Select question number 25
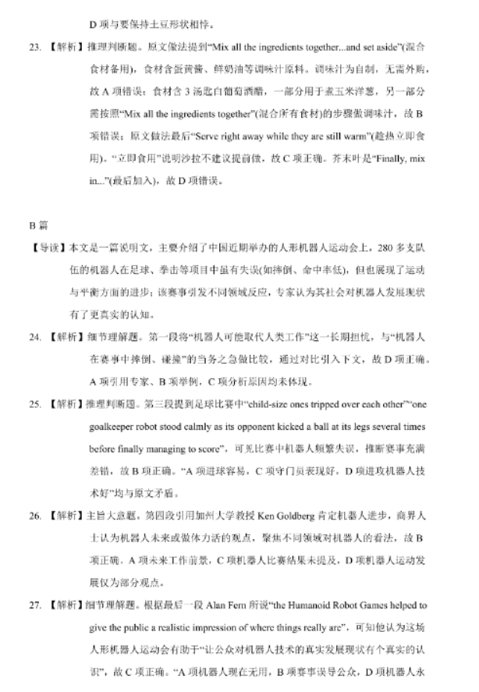click(x=34, y=405)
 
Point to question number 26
click(x=34, y=516)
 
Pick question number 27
click(x=34, y=605)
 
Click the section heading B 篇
click(x=39, y=226)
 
